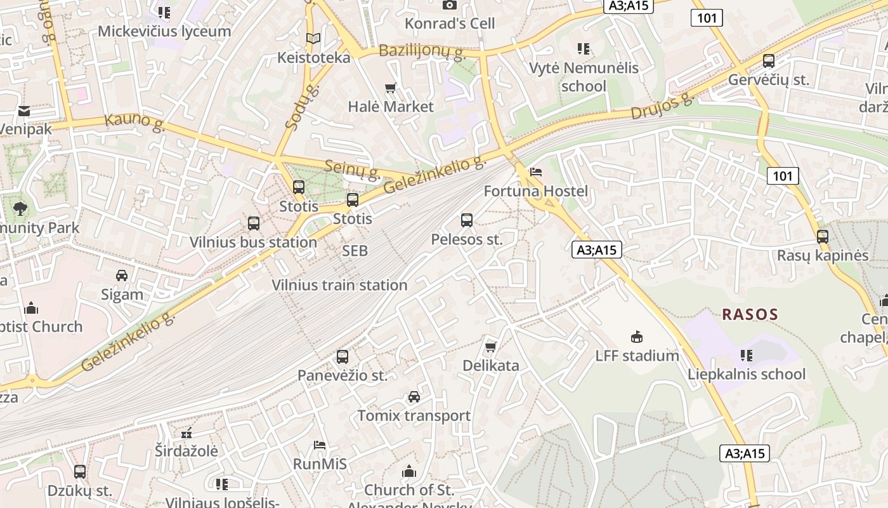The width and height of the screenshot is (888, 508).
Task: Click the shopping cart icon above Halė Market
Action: tap(391, 88)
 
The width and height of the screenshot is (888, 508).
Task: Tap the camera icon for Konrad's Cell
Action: tap(449, 5)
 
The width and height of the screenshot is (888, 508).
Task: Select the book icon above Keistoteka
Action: tap(313, 39)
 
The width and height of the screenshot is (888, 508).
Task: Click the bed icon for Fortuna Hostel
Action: tap(536, 172)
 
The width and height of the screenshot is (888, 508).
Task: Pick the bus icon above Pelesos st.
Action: tap(467, 220)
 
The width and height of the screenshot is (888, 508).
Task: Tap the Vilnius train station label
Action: tap(339, 285)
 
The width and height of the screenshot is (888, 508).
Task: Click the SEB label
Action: tap(355, 251)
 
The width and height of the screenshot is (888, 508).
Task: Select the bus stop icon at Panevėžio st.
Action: tap(343, 357)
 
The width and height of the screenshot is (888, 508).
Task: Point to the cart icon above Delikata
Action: tap(490, 347)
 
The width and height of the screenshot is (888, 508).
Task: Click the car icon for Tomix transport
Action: tap(414, 397)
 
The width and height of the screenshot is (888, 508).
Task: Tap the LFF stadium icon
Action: tap(637, 337)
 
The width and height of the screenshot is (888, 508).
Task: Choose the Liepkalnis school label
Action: tap(747, 374)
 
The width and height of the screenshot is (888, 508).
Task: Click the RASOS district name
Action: tap(750, 314)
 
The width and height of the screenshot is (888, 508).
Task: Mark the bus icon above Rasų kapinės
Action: tap(823, 237)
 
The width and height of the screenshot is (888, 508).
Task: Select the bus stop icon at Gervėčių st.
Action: tap(769, 61)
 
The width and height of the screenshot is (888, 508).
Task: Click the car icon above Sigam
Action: tap(122, 276)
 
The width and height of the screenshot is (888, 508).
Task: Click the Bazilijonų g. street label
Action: tap(422, 50)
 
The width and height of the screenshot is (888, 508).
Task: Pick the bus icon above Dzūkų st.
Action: tap(80, 472)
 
